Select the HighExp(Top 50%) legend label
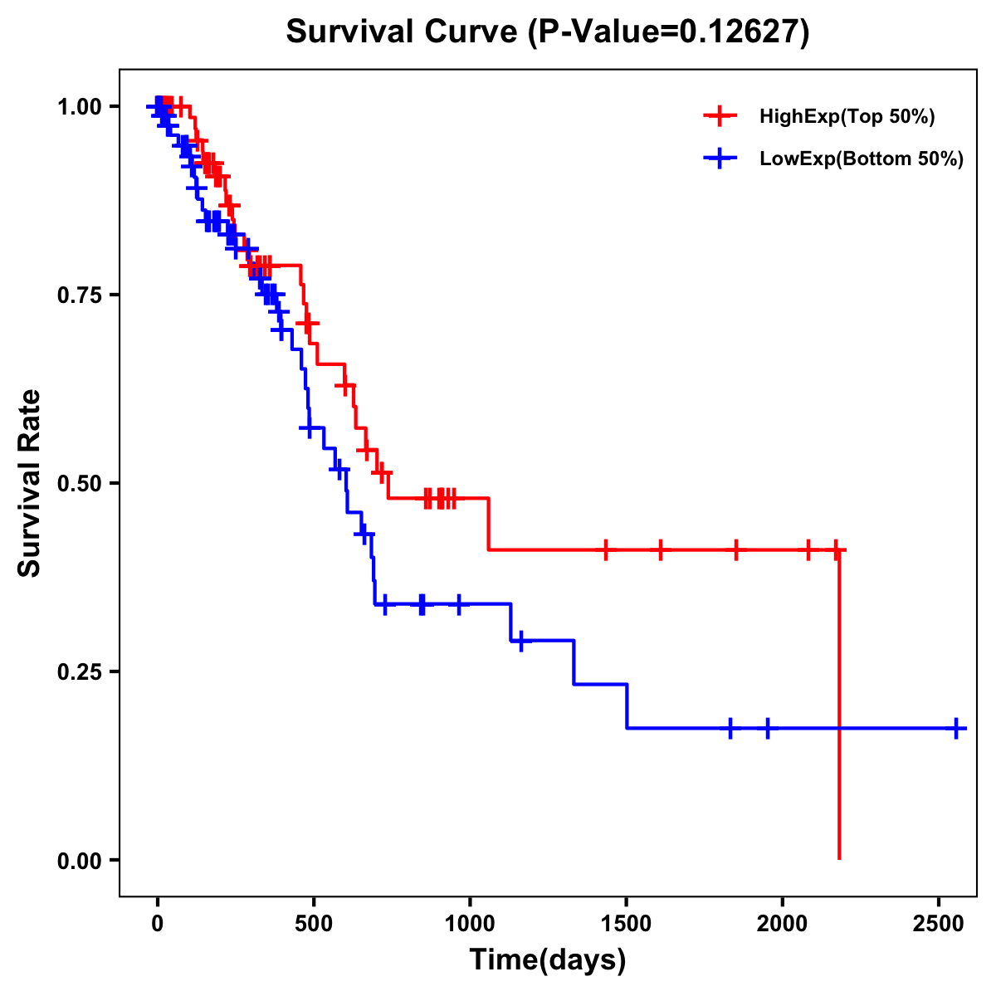point(847,117)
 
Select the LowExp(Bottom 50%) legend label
point(862,159)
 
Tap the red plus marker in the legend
point(720,116)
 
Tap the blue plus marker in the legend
point(720,159)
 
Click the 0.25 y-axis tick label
point(79,671)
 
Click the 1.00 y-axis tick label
point(79,106)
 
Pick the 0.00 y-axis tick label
point(79,860)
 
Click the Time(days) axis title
point(548,960)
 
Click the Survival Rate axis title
point(31,482)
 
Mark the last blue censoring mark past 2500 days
point(956,728)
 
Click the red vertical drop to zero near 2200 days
point(839,705)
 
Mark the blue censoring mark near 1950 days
point(767,728)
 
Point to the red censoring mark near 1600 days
point(661,549)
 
